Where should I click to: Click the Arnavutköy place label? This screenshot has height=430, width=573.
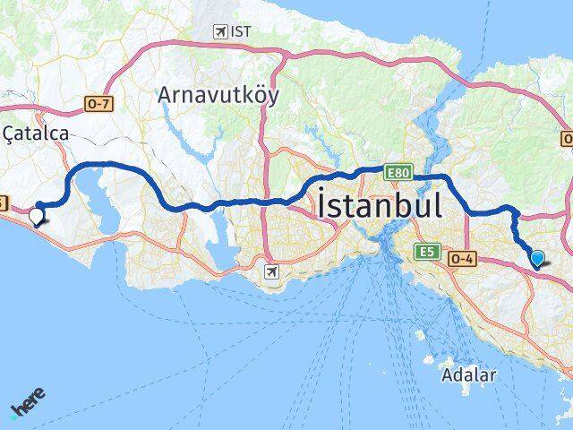click(218, 94)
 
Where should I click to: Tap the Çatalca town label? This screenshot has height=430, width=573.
click(37, 133)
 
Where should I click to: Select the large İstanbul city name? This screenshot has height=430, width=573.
click(379, 207)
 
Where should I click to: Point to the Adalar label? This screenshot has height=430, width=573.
click(468, 374)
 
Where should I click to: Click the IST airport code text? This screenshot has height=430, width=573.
click(240, 31)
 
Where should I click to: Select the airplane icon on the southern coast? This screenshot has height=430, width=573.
click(272, 270)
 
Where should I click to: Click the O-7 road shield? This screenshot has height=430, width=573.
click(98, 105)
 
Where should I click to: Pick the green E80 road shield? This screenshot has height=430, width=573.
click(398, 170)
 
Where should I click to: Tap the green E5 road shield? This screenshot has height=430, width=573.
click(425, 253)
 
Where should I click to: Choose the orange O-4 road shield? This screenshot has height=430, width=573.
click(459, 257)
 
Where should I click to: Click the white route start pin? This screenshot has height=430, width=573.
click(37, 216)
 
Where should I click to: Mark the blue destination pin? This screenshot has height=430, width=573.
click(537, 259)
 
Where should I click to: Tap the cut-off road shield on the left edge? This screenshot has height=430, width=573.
click(3, 203)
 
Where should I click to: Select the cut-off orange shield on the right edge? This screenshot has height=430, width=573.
click(568, 140)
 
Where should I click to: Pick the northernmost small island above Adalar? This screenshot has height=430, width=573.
click(420, 335)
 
